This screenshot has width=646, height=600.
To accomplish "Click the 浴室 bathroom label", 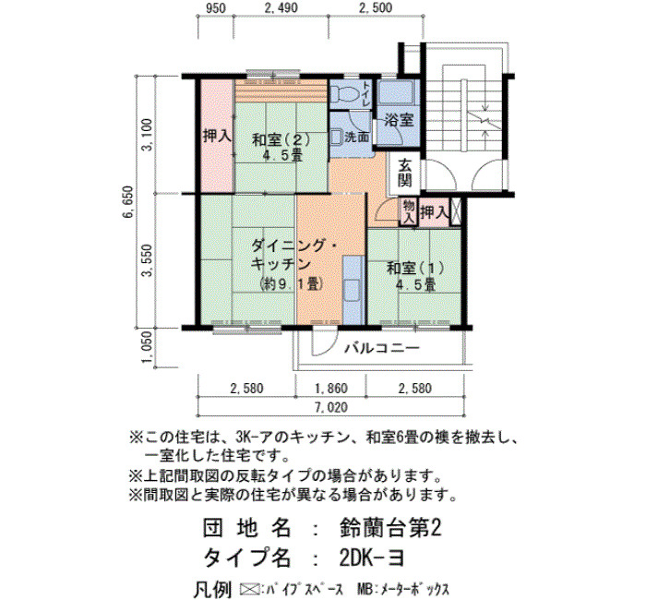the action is (399, 120).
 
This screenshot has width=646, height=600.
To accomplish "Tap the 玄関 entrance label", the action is (404, 174).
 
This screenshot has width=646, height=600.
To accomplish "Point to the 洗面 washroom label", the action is (356, 137).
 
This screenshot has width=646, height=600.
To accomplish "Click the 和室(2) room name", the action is (281, 140).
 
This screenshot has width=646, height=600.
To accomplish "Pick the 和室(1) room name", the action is (415, 269).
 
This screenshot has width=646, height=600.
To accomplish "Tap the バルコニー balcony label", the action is (382, 349).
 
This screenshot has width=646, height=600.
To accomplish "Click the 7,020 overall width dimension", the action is (331, 408).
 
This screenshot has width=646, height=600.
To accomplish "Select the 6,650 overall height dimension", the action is (128, 202).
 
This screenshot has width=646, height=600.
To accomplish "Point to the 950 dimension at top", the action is (215, 8).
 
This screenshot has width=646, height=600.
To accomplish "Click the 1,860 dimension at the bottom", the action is (331, 389).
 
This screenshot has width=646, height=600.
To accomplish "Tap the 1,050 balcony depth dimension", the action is (148, 349).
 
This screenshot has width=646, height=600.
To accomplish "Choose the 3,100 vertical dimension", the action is (147, 135).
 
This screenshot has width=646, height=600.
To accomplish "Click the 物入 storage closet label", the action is (408, 212).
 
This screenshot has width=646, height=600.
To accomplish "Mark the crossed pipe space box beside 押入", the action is (455, 211).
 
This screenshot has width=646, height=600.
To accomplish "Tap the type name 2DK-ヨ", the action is (372, 558).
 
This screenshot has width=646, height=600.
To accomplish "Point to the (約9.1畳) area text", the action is (291, 284).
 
